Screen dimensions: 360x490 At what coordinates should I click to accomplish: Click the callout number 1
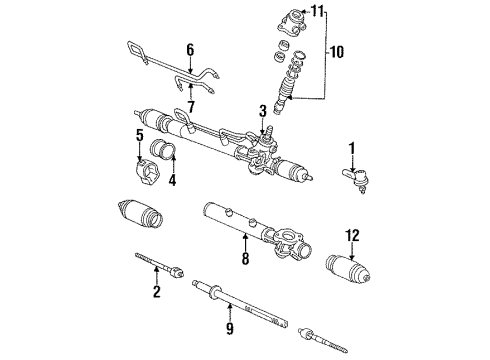coord(351,150)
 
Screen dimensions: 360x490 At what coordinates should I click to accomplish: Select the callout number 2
coord(156,292)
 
